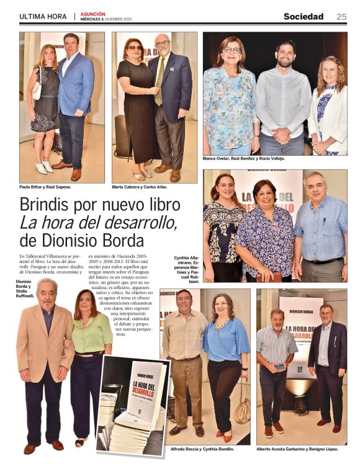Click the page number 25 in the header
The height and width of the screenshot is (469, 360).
coord(341,17)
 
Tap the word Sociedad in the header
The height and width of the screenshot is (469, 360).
coord(304,17)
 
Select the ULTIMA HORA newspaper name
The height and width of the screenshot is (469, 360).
coord(43,17)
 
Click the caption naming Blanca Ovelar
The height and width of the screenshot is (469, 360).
coord(244,159)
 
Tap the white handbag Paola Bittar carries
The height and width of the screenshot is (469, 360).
coord(37,91)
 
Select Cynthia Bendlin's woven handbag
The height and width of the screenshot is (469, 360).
coord(242,410)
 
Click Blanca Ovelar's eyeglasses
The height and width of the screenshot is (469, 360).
coord(232,50)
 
